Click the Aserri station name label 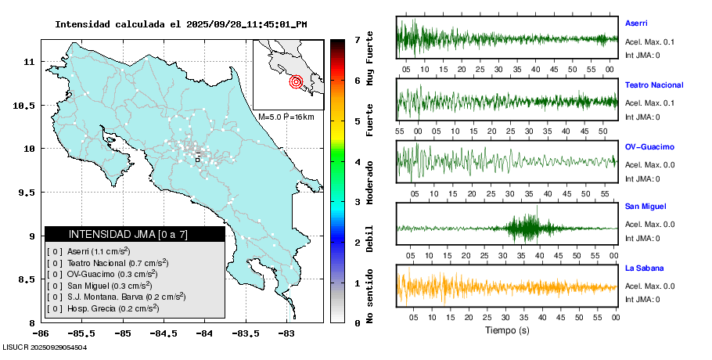[636, 23]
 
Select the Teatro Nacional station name [654, 85]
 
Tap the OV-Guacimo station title [649, 146]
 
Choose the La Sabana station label [643, 268]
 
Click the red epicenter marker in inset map [296, 81]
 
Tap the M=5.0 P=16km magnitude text [286, 117]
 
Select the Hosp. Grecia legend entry [102, 308]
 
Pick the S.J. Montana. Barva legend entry [117, 297]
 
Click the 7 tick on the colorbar [356, 39]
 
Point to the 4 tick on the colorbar [356, 162]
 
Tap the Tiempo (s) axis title [506, 330]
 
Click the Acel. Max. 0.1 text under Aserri [650, 42]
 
